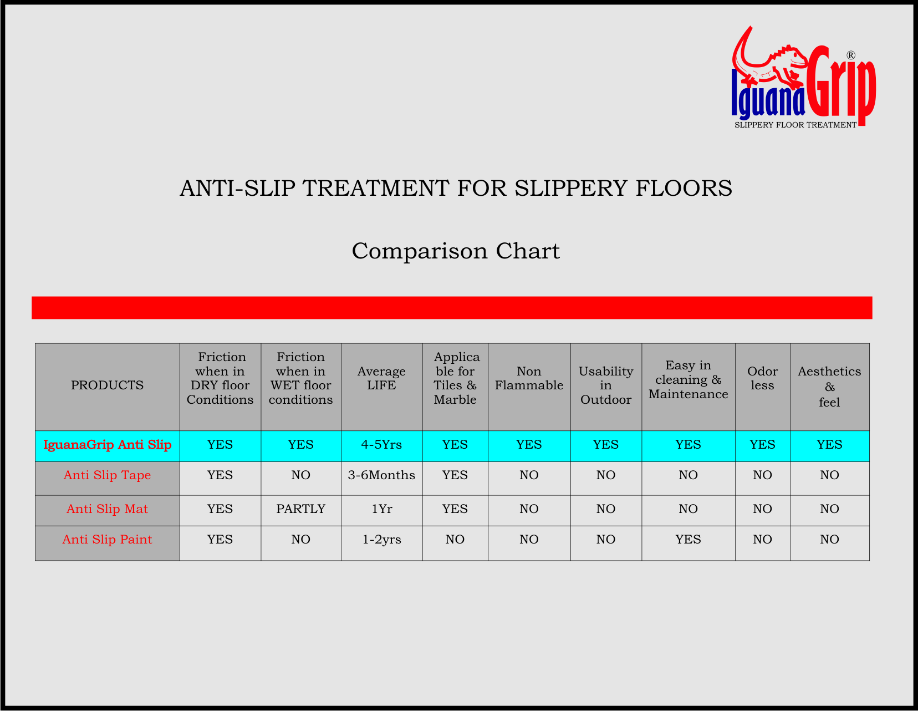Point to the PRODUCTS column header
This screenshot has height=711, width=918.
coord(108,385)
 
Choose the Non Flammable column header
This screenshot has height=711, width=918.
coord(529,378)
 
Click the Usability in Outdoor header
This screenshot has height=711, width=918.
coord(606,385)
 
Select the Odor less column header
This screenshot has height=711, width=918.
coord(763,378)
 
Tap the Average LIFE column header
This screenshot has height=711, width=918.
coord(381,378)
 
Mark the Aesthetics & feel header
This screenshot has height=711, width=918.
coord(829,386)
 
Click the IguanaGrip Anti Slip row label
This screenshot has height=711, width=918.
coord(108,445)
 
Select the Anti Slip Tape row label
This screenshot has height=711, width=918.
coord(108,475)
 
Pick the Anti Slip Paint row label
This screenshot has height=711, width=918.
coord(108,540)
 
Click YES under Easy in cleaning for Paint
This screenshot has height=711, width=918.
coord(688,540)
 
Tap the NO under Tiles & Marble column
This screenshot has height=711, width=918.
coord(455,540)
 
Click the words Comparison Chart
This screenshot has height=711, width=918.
coord(456,251)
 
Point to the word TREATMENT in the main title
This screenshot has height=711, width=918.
coord(375,188)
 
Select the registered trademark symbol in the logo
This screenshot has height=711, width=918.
coord(851,55)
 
